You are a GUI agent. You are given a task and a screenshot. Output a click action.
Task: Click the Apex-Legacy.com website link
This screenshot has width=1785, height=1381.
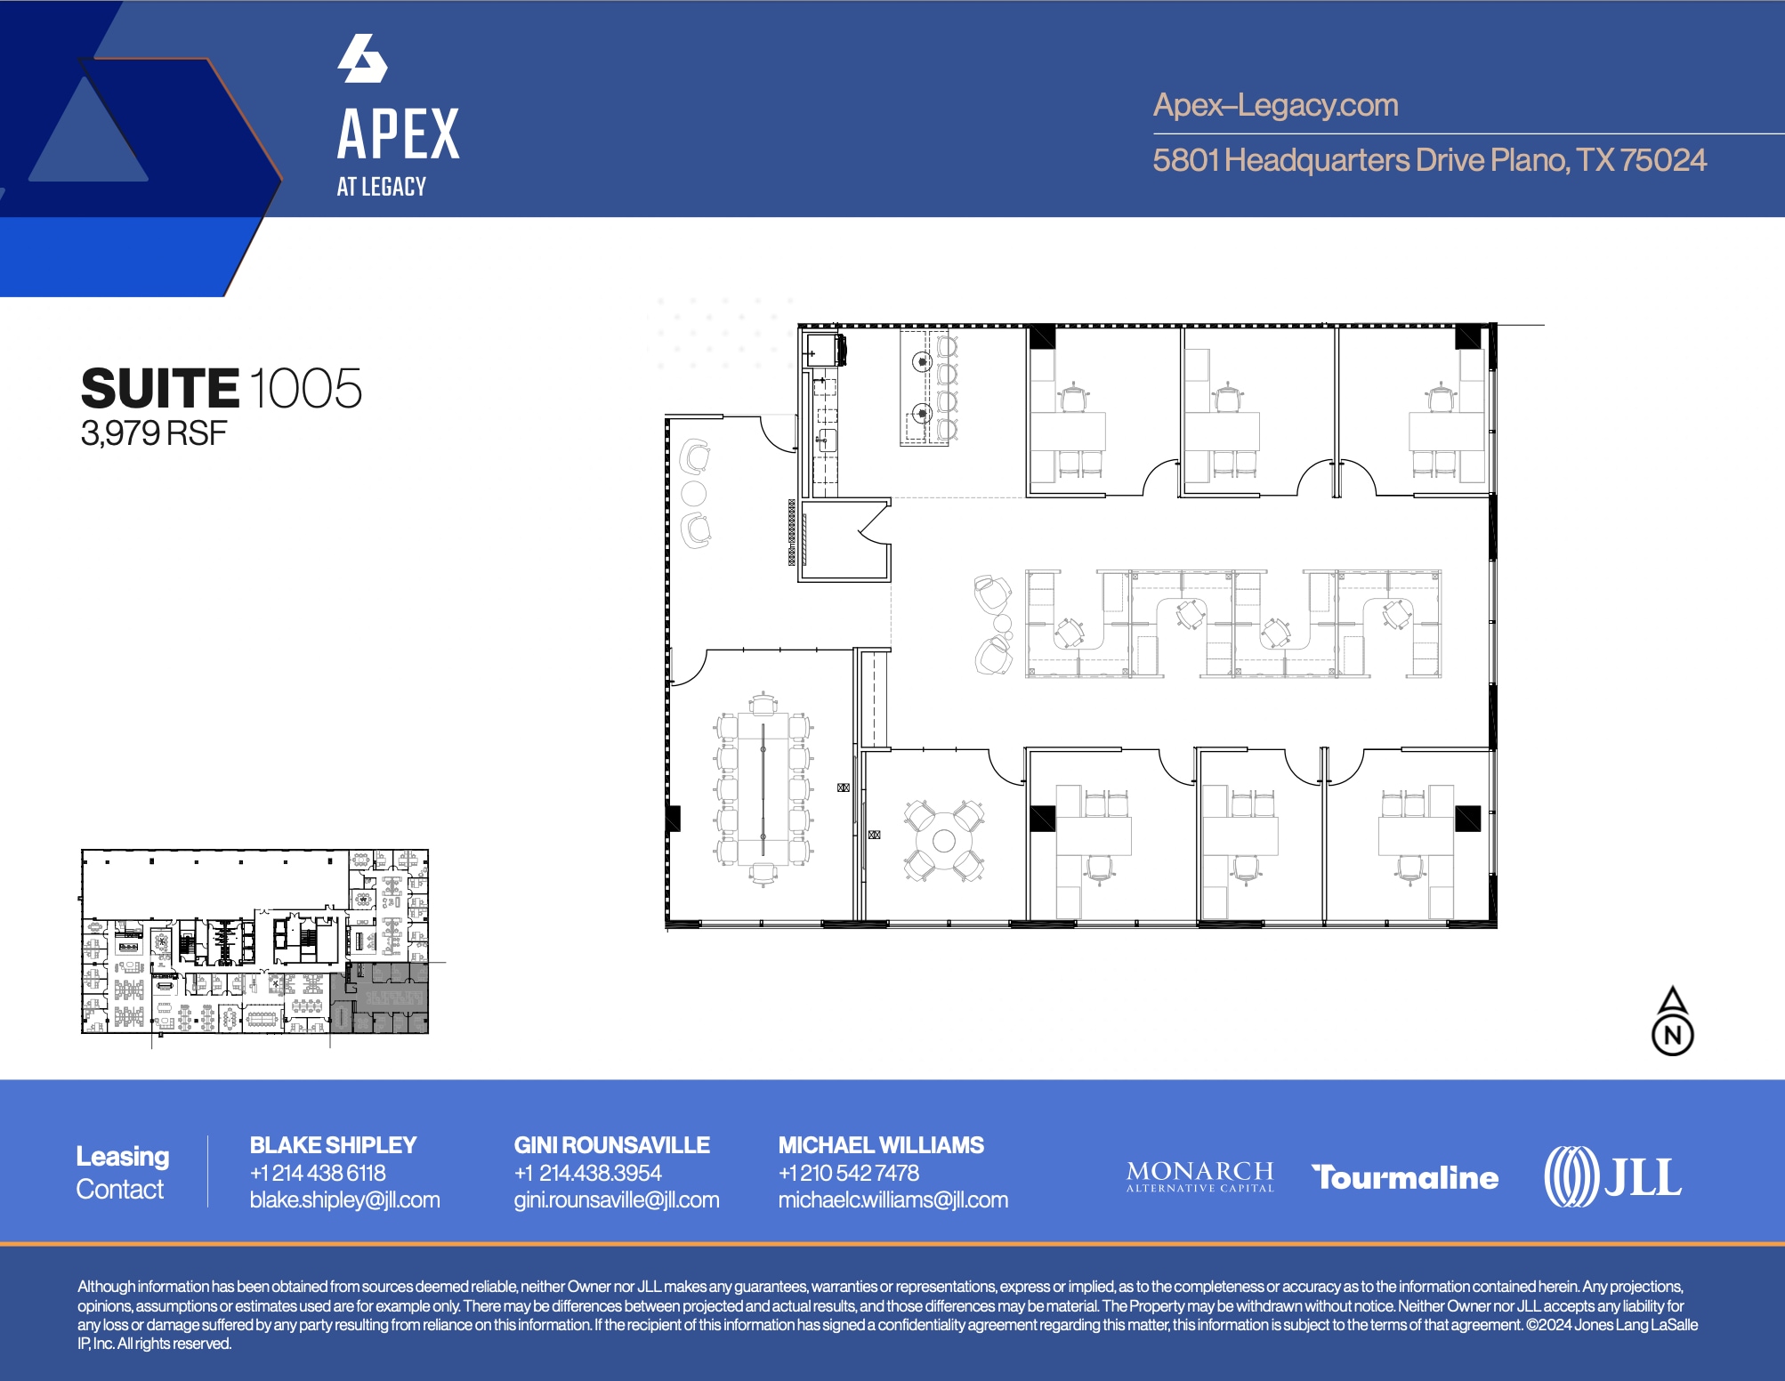1275,106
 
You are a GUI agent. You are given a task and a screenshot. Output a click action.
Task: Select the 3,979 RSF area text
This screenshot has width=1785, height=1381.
153,434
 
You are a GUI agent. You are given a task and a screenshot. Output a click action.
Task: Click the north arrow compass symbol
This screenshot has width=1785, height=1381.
1673,1022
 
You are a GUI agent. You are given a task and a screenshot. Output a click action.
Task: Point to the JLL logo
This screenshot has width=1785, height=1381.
1612,1176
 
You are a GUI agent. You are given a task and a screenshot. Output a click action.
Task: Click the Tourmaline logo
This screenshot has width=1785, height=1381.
1405,1177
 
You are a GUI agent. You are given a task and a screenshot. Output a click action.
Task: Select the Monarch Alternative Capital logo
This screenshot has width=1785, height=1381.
1199,1175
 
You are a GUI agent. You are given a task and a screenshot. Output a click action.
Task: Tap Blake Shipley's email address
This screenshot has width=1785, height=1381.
344,1200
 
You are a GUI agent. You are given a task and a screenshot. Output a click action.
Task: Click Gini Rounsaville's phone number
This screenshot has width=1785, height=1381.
587,1173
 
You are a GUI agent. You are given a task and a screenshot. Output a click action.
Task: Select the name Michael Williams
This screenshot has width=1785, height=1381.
881,1145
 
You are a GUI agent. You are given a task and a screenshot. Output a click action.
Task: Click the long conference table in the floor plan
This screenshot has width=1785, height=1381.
763,788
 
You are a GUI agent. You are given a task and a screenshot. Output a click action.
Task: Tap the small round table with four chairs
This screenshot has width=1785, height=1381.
944,841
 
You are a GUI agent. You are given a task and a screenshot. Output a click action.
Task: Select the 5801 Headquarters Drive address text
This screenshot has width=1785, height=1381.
1428,161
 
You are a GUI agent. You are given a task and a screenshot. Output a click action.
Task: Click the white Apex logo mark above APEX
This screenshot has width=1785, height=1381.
362,59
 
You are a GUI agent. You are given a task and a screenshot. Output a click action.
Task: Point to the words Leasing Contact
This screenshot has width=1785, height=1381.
122,1172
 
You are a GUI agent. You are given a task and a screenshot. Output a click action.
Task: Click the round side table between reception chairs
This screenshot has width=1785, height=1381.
693,494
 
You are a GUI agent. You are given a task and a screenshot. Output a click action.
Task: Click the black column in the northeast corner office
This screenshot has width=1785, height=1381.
1467,337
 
